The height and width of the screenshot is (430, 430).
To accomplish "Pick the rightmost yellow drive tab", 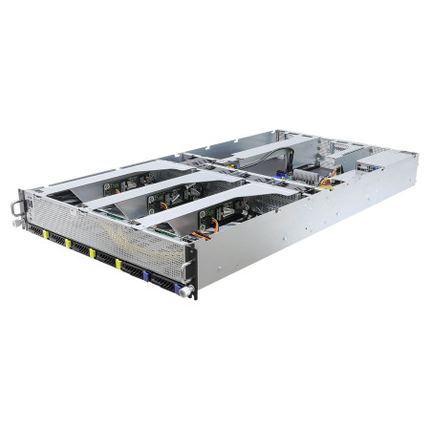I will click(118, 263).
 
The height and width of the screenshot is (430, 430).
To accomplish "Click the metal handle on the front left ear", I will click(15, 205).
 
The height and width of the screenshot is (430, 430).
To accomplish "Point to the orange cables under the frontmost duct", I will click(212, 227).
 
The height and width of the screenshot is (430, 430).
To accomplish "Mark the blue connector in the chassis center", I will click(282, 175).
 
